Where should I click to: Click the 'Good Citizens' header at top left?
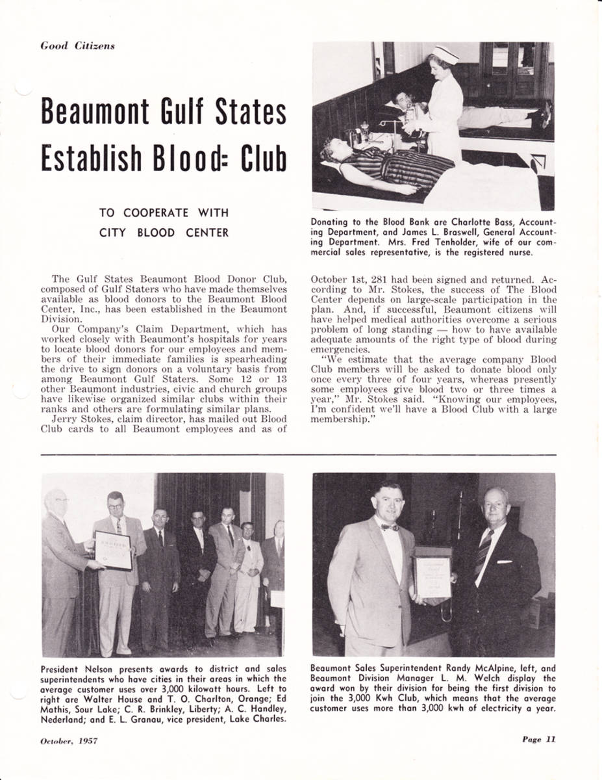click(x=77, y=46)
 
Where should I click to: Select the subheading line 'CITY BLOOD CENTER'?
click(x=164, y=232)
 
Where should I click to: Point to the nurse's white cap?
click(x=445, y=54)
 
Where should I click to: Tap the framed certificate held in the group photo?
click(x=114, y=550)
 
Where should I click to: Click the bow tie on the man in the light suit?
click(x=390, y=527)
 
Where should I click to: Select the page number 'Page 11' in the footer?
click(x=538, y=739)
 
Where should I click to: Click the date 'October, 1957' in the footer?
click(x=69, y=742)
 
